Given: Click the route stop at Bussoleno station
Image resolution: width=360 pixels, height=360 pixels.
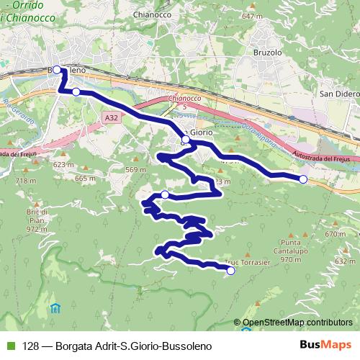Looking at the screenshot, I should (x=58, y=70).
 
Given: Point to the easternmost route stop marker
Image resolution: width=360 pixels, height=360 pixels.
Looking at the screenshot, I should (x=303, y=179).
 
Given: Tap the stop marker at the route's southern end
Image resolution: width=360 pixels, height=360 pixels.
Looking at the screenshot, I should (x=230, y=271).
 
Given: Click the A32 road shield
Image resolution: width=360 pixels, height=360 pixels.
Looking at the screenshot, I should (x=109, y=117).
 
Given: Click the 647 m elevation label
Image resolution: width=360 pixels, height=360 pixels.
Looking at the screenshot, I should (x=253, y=16).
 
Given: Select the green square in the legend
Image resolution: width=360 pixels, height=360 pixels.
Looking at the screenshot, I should (x=9, y=345).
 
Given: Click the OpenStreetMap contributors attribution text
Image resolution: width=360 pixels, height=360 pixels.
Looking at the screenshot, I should (x=297, y=323).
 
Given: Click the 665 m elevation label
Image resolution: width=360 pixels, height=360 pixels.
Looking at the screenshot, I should (x=85, y=178).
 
